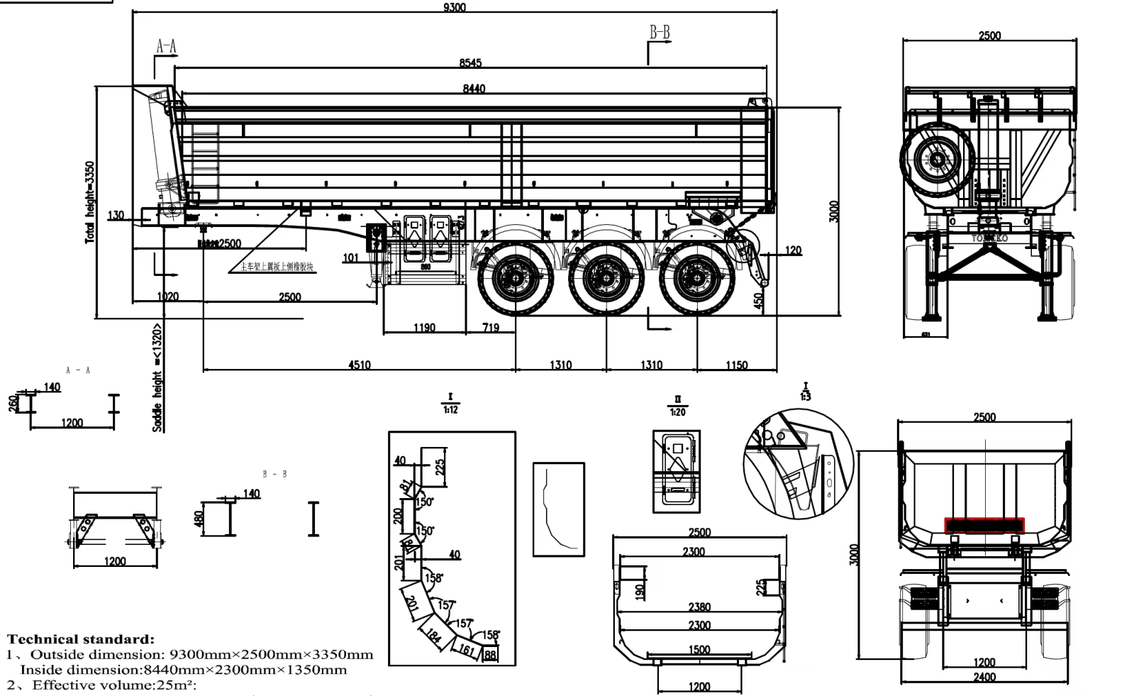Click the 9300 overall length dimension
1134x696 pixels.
click(455, 8)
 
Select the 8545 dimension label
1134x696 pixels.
click(470, 63)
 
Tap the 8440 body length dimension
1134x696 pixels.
click(474, 89)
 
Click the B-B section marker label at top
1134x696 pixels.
click(660, 33)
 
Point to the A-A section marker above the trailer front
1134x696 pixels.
click(167, 47)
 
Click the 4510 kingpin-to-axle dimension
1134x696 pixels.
click(360, 365)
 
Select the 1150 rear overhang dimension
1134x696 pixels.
click(736, 365)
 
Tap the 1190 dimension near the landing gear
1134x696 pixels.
click(424, 328)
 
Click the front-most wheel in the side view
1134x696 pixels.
click(516, 278)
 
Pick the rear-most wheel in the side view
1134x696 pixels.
click(696, 278)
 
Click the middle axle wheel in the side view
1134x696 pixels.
click(606, 278)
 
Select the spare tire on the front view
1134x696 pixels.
click(938, 160)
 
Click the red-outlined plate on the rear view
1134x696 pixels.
click(984, 525)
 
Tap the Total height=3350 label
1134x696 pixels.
click(89, 202)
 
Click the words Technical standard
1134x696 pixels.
click(81, 639)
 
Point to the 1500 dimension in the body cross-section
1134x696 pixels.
click(699, 650)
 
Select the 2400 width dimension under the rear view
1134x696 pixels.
click(984, 678)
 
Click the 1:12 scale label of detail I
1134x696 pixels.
click(450, 409)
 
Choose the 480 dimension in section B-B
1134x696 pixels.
click(199, 519)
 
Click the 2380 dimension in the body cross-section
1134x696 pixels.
click(699, 607)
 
